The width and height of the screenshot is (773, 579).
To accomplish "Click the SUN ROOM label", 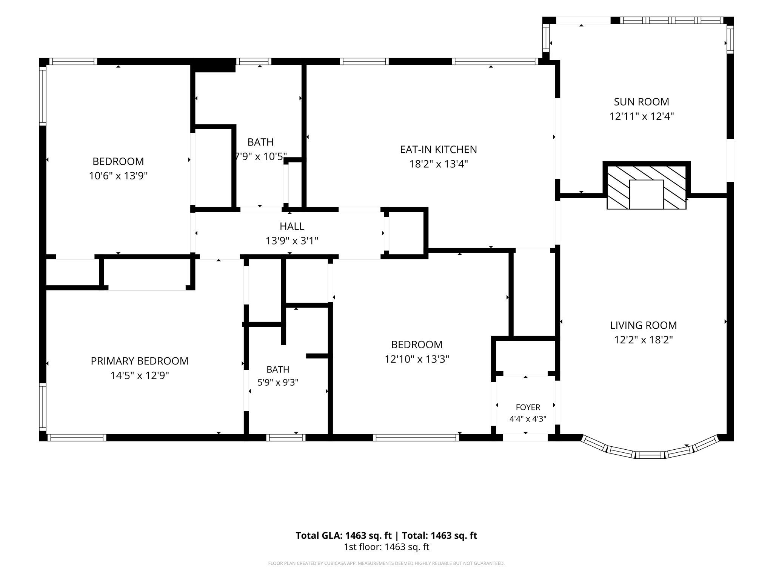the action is pyautogui.click(x=641, y=102).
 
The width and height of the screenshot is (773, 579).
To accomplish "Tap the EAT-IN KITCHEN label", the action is pyautogui.click(x=439, y=150).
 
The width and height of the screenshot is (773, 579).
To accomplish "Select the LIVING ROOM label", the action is pyautogui.click(x=644, y=325).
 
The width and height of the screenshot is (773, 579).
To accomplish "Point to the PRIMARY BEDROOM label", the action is pyautogui.click(x=140, y=361).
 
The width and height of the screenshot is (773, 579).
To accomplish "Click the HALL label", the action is pyautogui.click(x=292, y=227).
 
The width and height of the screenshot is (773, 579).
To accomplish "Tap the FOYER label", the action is pyautogui.click(x=528, y=407).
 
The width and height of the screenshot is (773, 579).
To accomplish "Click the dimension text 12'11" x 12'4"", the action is pyautogui.click(x=642, y=116).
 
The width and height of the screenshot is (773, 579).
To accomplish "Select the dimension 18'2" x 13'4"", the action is pyautogui.click(x=439, y=164).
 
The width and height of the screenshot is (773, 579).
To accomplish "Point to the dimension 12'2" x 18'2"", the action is pyautogui.click(x=644, y=340).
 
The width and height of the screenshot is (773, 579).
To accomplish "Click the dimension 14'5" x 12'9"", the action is pyautogui.click(x=140, y=376).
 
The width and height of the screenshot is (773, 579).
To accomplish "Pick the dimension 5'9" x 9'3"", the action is pyautogui.click(x=278, y=383).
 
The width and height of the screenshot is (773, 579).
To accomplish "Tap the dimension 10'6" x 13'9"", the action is pyautogui.click(x=118, y=176).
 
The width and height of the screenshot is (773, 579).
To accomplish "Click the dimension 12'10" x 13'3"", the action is pyautogui.click(x=417, y=359).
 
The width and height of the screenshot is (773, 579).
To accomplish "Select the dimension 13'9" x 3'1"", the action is pyautogui.click(x=292, y=241).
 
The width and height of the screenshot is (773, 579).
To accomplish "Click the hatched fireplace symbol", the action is pyautogui.click(x=647, y=186).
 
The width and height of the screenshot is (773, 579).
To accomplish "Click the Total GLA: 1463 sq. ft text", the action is pyautogui.click(x=343, y=536).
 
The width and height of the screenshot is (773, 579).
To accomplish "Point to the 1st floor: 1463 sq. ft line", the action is pyautogui.click(x=386, y=547).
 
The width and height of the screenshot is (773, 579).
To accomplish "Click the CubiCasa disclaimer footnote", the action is pyautogui.click(x=386, y=564).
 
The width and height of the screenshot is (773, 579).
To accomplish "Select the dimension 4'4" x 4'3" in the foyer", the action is pyautogui.click(x=528, y=419).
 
